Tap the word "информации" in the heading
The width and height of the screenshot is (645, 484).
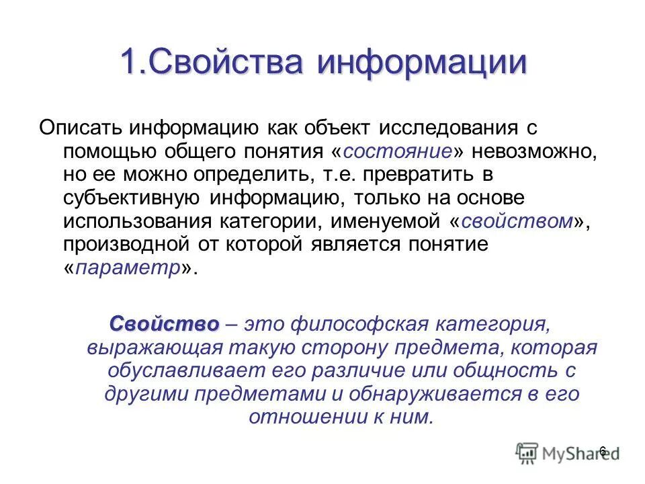422,63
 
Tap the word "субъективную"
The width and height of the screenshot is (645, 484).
132,198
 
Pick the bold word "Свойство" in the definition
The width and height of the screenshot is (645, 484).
165,323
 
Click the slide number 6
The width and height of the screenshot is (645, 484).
602,450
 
